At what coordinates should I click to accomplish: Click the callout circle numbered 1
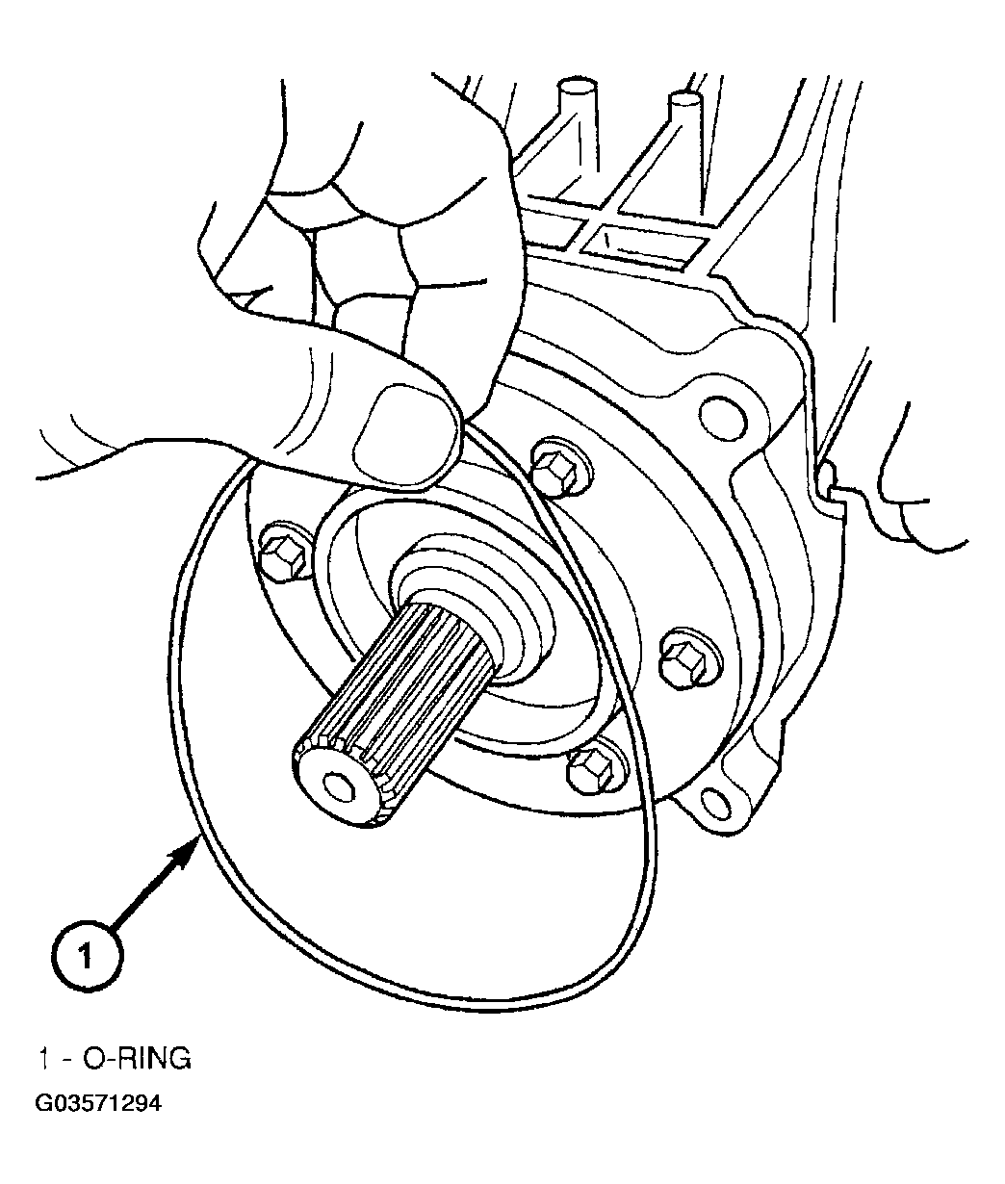click(x=87, y=956)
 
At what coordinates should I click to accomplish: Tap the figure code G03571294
click(x=98, y=1103)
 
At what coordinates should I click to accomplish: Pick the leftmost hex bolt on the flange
click(x=285, y=551)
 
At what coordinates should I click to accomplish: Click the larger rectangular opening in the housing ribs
click(x=645, y=246)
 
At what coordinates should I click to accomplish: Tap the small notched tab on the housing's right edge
click(x=828, y=478)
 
